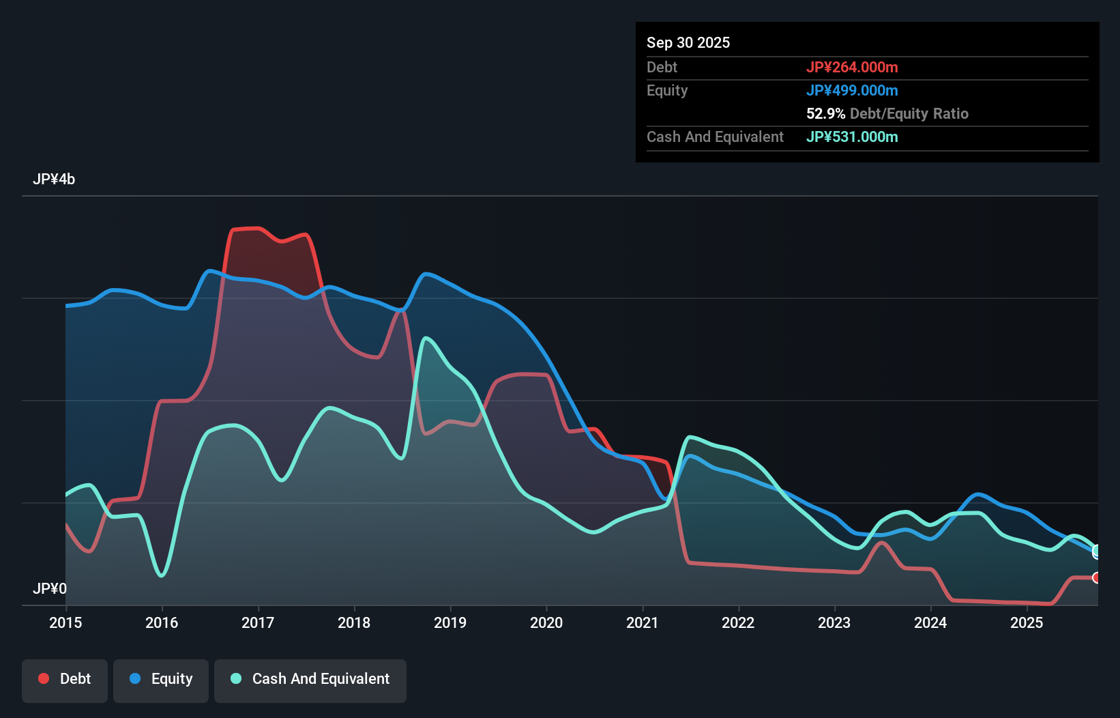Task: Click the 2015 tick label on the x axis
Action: coord(65,622)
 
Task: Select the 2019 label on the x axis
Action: coord(450,622)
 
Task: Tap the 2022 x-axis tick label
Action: coord(738,622)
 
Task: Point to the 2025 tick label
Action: coord(1027,622)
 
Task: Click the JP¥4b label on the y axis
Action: coord(54,179)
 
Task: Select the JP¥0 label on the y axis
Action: coord(50,588)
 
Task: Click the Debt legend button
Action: coord(65,679)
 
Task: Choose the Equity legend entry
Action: coord(161,679)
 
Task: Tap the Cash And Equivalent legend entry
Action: coord(310,679)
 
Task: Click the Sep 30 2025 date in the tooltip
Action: coord(688,42)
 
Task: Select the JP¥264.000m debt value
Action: coord(852,67)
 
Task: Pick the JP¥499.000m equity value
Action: coord(852,90)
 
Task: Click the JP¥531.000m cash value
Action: coord(852,137)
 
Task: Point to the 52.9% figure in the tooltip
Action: coord(825,113)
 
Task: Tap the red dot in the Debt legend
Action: coord(44,678)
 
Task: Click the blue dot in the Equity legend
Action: coord(135,678)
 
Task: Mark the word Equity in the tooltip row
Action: coord(667,90)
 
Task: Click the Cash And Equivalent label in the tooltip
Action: coord(715,137)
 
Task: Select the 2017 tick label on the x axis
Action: coord(258,622)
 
